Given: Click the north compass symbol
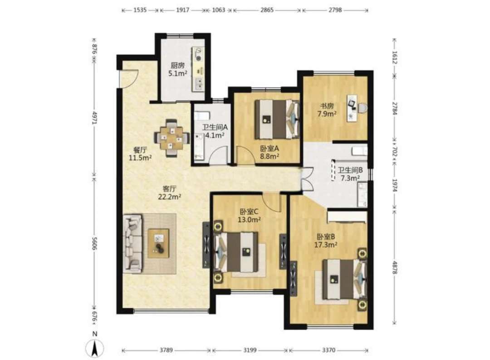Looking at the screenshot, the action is (95, 347).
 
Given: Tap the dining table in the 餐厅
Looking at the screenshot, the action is (171, 138).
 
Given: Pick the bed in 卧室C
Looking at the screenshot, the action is (236, 252).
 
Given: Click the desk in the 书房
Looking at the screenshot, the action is (353, 108).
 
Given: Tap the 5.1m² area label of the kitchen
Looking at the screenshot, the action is (178, 74).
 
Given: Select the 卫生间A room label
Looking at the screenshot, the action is (215, 127).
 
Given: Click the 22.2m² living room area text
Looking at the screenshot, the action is (170, 197).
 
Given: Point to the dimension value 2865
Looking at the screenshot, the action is (267, 10).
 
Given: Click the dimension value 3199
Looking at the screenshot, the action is (250, 350).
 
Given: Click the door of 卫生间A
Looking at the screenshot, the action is (218, 155).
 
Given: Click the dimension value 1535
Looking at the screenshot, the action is (140, 10).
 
